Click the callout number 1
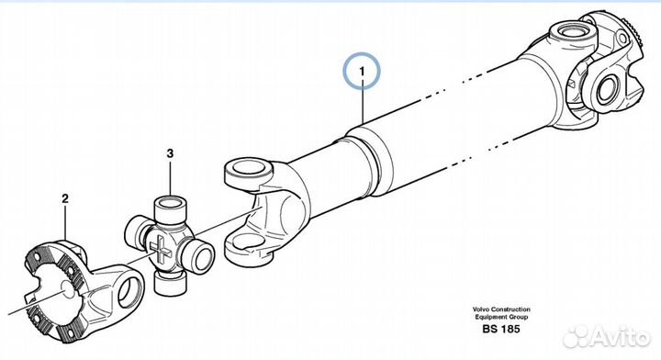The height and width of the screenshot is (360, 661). point(362,72)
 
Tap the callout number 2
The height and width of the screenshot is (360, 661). point(65,198)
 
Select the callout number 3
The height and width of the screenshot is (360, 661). point(170,153)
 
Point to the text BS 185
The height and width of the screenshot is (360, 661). point(501,329)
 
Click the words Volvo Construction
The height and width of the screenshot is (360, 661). point(501,309)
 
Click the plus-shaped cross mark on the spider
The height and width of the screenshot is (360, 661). point(160,249)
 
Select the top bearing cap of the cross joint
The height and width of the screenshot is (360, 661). point(171,208)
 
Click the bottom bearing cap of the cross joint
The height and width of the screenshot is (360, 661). point(171,283)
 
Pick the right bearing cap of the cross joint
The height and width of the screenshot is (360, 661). point(201,256)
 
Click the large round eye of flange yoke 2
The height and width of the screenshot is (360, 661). point(129,291)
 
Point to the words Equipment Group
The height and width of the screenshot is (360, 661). point(501,317)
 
